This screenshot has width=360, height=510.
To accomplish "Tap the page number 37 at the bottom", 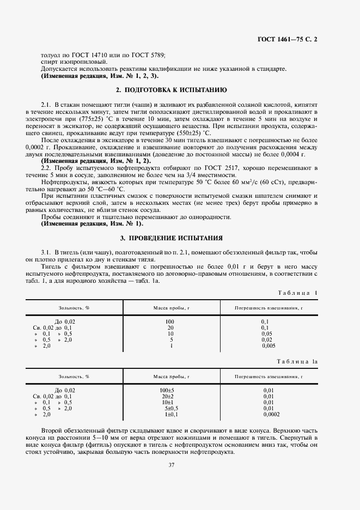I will [171, 464].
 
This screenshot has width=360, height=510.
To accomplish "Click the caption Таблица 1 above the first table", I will [297, 293].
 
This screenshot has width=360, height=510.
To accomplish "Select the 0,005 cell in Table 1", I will [269, 345].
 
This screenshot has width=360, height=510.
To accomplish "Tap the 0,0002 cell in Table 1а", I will [270, 414].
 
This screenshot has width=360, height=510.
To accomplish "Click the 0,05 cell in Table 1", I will [267, 333].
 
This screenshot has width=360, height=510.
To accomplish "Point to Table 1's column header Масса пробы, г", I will [171, 308].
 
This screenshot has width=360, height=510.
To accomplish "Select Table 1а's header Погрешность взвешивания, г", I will [268, 377].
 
